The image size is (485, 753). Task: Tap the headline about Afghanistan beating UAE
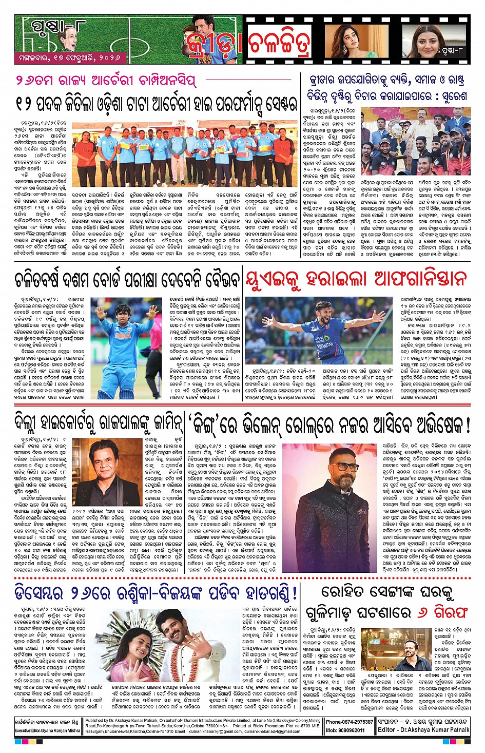click(358, 279)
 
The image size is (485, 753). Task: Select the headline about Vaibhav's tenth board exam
click(127, 280)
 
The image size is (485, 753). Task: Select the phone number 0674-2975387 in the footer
click(349, 722)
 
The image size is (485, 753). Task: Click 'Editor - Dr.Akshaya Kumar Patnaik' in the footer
click(423, 729)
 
